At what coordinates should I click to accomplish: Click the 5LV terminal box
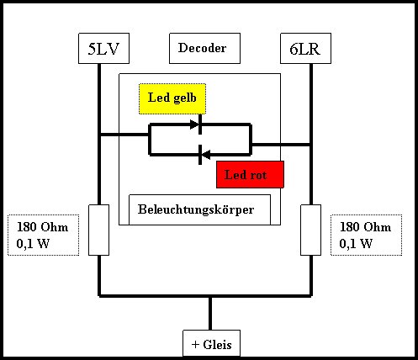[x=103, y=48]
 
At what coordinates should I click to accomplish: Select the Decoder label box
[x=204, y=48]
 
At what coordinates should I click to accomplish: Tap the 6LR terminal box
[x=305, y=48]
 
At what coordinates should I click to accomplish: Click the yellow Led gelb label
[x=172, y=98]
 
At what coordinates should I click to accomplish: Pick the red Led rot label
[x=250, y=174]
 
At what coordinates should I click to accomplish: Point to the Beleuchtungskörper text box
[x=199, y=209]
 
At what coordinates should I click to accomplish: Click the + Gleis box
[x=212, y=344]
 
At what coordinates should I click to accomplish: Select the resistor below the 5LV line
[x=98, y=230]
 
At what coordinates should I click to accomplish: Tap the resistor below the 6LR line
[x=310, y=230]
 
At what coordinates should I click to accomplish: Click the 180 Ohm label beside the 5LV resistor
[x=43, y=227]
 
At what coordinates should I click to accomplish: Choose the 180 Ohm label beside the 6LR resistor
[x=365, y=227]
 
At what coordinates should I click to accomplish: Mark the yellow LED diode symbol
[x=196, y=124]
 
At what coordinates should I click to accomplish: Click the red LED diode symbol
[x=204, y=155]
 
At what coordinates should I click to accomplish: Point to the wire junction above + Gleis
[x=210, y=296]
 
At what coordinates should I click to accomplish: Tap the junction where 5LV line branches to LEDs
[x=99, y=135]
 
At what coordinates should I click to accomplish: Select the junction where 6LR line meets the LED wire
[x=311, y=145]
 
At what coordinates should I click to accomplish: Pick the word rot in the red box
[x=258, y=175]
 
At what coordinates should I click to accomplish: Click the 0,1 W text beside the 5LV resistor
[x=33, y=243]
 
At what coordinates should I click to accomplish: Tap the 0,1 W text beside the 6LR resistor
[x=356, y=243]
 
